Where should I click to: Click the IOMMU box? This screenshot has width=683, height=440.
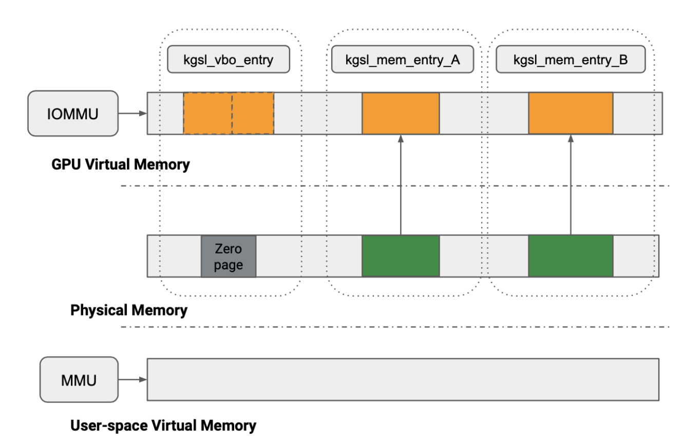[x=73, y=114]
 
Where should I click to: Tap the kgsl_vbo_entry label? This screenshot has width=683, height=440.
[x=229, y=60]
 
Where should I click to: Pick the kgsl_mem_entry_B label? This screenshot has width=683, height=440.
[x=570, y=60]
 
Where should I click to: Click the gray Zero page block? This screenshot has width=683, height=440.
[x=229, y=256]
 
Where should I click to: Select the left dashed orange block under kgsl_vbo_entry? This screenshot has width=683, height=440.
[x=207, y=113]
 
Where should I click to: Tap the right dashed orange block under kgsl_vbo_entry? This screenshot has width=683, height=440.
[x=253, y=113]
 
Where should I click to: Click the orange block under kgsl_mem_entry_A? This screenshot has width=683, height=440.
[x=401, y=113]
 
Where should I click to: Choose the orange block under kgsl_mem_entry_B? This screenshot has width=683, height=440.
[x=571, y=113]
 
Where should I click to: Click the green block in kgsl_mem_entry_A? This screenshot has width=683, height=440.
[x=401, y=256]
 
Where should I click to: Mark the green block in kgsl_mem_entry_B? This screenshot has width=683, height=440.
[x=571, y=256]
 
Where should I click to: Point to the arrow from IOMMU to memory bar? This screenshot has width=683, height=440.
[x=133, y=114]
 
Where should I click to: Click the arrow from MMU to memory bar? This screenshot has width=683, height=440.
[x=133, y=380]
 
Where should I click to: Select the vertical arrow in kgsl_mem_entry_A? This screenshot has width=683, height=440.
[x=401, y=185]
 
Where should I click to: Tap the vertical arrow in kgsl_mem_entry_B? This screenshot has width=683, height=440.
[x=571, y=185]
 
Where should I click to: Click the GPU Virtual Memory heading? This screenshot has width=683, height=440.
[x=121, y=165]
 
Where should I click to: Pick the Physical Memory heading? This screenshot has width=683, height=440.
[x=129, y=310]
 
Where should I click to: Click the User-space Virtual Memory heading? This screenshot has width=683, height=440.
[x=163, y=426]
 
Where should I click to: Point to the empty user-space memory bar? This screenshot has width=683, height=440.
[x=403, y=380]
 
